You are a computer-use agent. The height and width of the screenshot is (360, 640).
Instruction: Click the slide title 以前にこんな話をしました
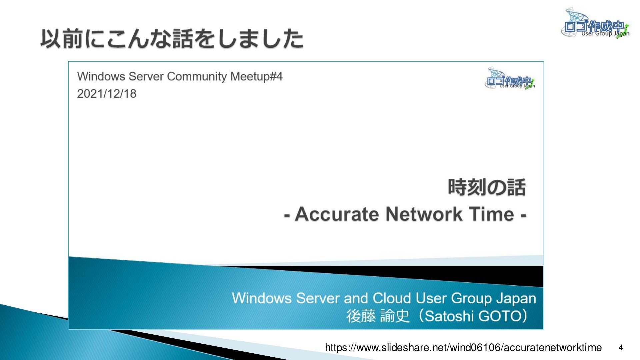pyautogui.click(x=172, y=39)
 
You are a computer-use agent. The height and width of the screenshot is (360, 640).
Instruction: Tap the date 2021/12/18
pyautogui.click(x=107, y=94)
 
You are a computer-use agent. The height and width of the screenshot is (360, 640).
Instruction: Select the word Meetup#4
pyautogui.click(x=256, y=77)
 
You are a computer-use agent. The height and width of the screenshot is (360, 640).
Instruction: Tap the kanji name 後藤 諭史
pyautogui.click(x=378, y=316)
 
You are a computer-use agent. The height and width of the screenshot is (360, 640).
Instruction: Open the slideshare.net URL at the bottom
pyautogui.click(x=463, y=348)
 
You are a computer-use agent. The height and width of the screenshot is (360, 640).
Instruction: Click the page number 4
pyautogui.click(x=621, y=348)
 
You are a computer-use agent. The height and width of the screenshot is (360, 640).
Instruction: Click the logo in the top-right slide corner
pyautogui.click(x=595, y=23)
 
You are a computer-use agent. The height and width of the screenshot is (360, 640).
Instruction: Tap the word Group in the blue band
pyautogui.click(x=471, y=298)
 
